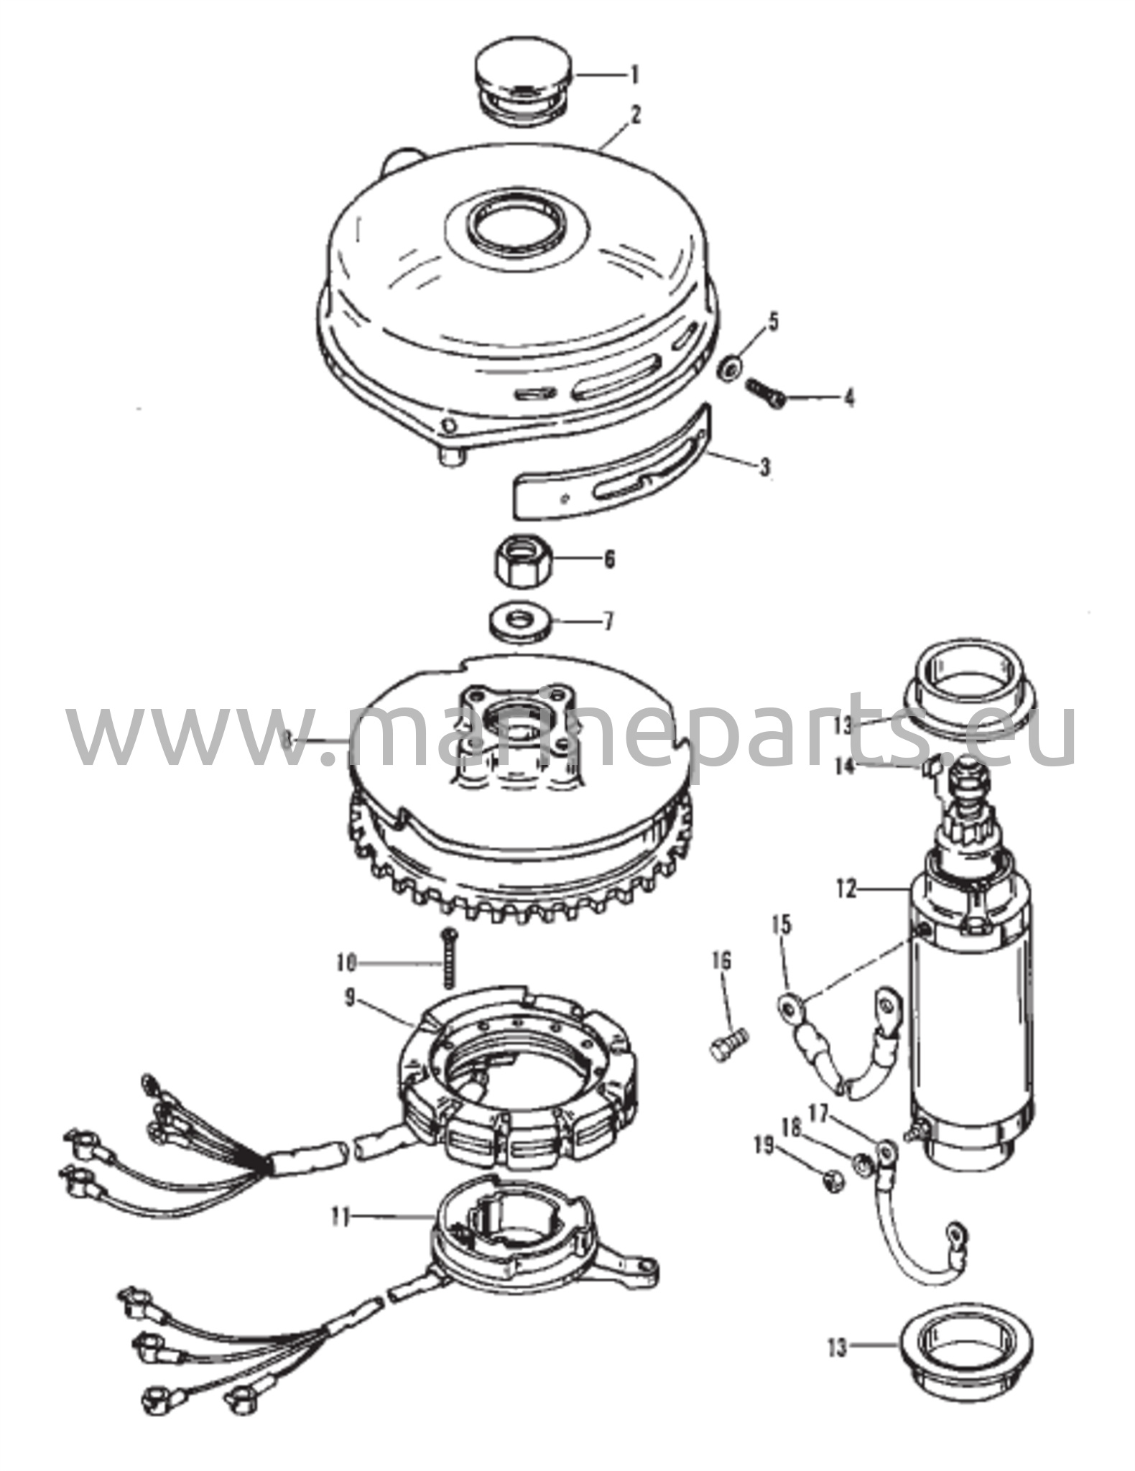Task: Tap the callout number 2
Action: [x=636, y=116]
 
